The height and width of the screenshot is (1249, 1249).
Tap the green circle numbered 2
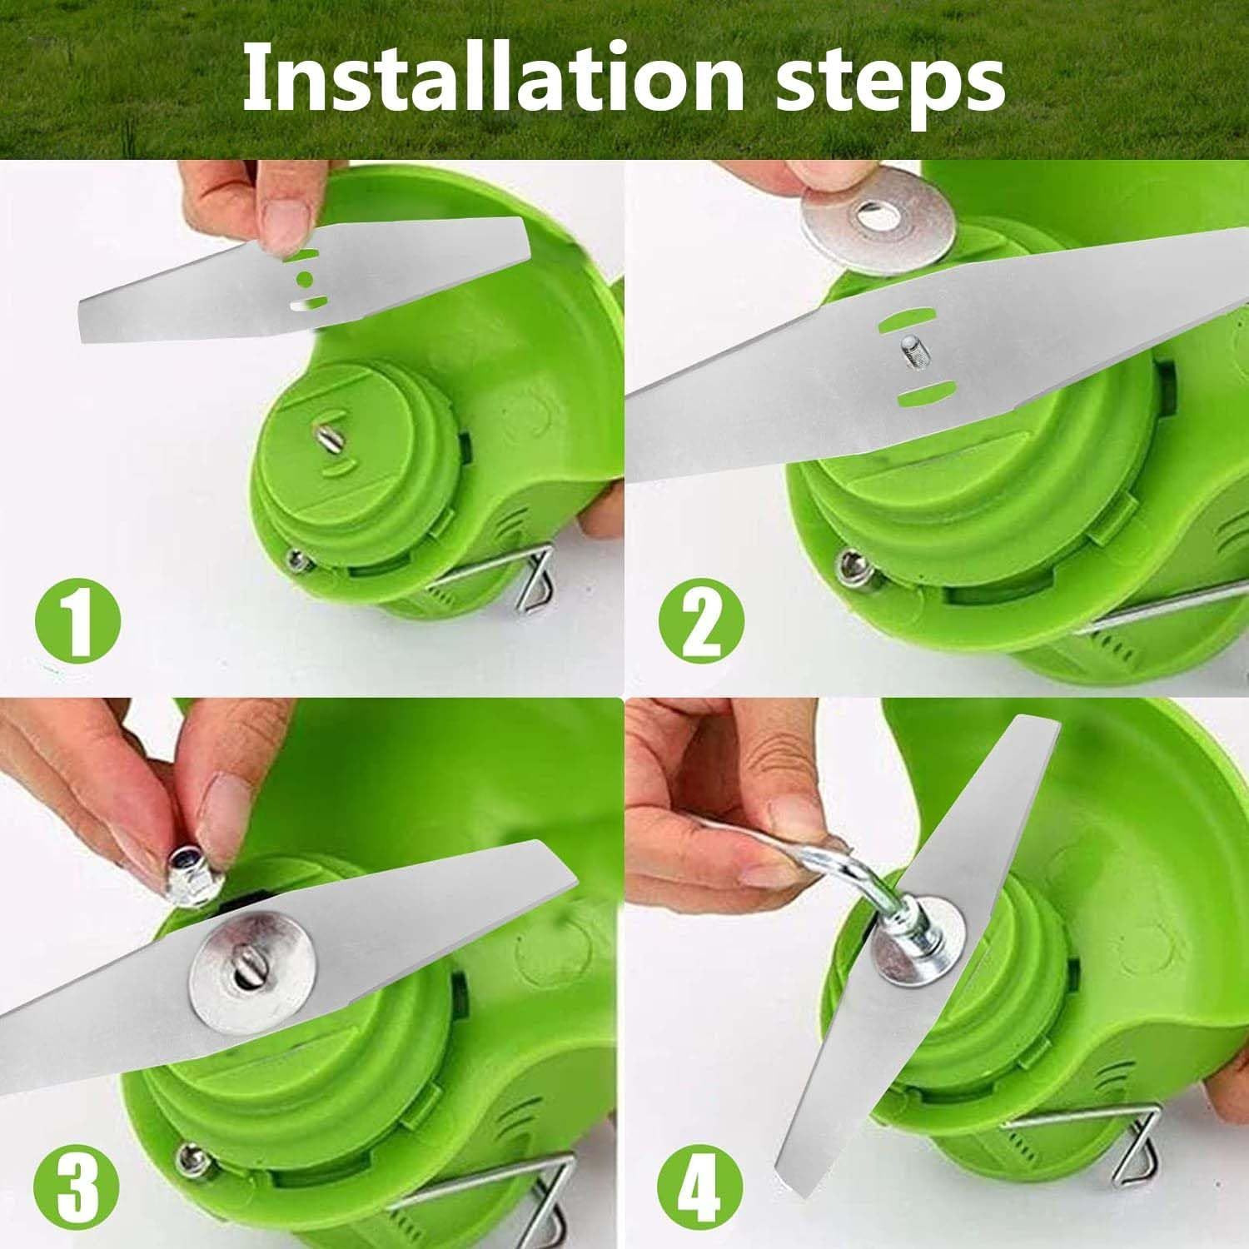pos(701,619)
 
